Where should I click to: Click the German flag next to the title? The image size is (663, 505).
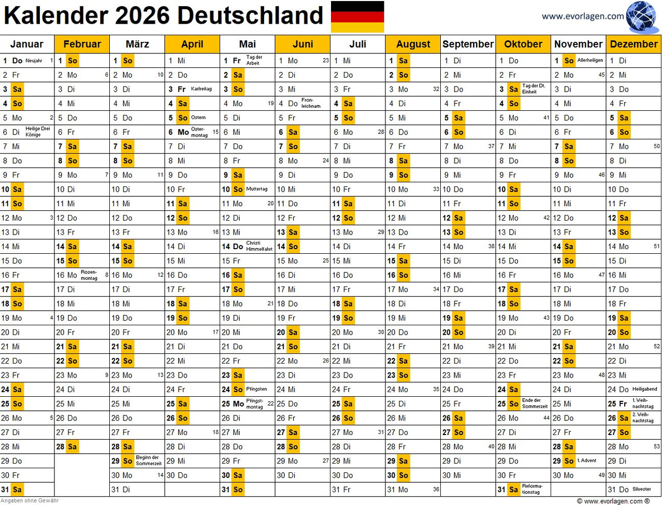pyautogui.click(x=357, y=17)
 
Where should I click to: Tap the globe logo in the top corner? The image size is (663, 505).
pyautogui.click(x=642, y=17)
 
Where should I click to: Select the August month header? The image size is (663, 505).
pyautogui.click(x=413, y=44)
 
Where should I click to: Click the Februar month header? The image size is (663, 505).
pyautogui.click(x=82, y=44)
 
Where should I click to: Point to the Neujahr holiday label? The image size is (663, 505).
pyautogui.click(x=34, y=61)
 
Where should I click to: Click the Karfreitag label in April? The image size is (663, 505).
pyautogui.click(x=201, y=89)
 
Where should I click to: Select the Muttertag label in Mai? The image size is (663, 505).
pyautogui.click(x=256, y=189)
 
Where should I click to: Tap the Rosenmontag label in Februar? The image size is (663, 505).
pyautogui.click(x=89, y=275)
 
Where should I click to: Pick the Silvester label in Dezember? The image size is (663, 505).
pyautogui.click(x=642, y=489)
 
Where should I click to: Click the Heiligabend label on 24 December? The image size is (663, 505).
pyautogui.click(x=644, y=389)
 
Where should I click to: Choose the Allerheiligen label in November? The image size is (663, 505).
pyautogui.click(x=590, y=61)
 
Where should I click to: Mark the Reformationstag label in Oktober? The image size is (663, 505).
pyautogui.click(x=532, y=489)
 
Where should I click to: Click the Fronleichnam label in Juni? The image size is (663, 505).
pyautogui.click(x=311, y=103)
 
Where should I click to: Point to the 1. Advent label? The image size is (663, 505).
pyautogui.click(x=587, y=460)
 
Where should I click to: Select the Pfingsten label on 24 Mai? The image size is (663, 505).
pyautogui.click(x=256, y=389)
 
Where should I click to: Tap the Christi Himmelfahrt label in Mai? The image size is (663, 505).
pyautogui.click(x=259, y=246)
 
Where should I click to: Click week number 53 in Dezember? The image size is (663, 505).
pyautogui.click(x=656, y=446)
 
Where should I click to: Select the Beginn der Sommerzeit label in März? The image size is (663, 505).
pyautogui.click(x=149, y=460)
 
